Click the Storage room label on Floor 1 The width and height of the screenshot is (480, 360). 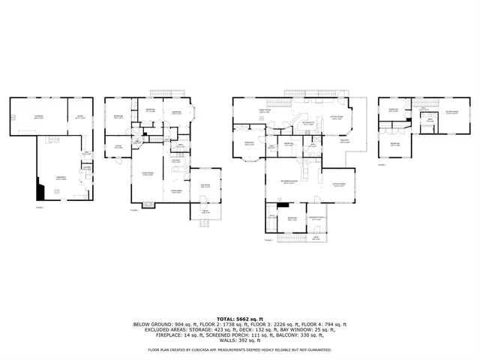(x=37, y=116)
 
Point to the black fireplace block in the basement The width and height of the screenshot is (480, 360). (x=40, y=190)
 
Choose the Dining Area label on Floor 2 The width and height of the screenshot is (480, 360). (x=175, y=191)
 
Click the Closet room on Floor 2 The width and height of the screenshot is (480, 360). (x=118, y=147)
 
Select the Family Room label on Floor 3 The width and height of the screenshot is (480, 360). (x=265, y=112)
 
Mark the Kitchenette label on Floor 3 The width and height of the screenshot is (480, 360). (x=307, y=123)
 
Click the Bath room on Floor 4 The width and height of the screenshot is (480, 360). (x=430, y=121)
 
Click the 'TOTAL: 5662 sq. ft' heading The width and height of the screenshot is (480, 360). (x=240, y=318)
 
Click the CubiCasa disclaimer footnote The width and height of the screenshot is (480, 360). (x=240, y=349)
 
